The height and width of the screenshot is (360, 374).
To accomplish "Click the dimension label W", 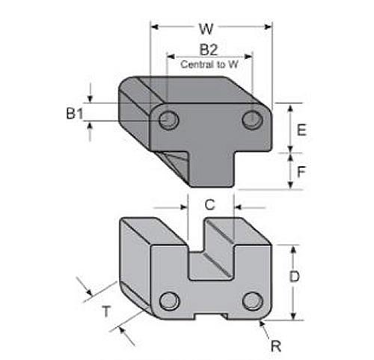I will (x=207, y=29).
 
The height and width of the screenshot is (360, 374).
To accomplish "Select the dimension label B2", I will (x=209, y=50).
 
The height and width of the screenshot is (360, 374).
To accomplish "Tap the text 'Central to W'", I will (x=209, y=64).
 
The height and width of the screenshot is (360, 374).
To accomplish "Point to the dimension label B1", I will (x=73, y=114).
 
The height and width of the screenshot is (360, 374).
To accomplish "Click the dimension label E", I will (x=301, y=129).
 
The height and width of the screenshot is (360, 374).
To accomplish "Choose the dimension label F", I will (x=301, y=171).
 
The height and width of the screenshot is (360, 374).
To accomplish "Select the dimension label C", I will (x=210, y=204).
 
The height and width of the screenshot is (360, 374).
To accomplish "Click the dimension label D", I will (x=295, y=276).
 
